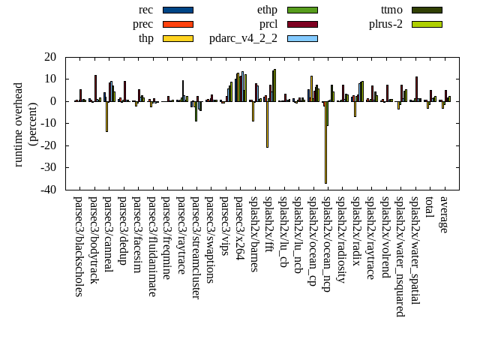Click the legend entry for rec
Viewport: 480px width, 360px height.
coord(146,10)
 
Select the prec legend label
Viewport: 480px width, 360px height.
coord(142,24)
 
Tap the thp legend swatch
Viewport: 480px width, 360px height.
coord(178,38)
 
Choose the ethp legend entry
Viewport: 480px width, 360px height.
coord(267,10)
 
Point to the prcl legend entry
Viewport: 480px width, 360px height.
coord(268,24)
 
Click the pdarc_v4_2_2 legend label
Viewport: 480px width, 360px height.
coord(243,38)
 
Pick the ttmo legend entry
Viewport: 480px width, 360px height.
coord(391,10)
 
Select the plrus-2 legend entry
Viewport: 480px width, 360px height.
coord(385,24)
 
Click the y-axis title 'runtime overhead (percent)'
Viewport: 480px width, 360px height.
coord(25,123)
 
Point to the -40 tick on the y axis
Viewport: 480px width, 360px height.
coord(50,190)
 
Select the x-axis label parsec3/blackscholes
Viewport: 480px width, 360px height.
coord(78,246)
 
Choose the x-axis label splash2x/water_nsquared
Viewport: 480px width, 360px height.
coord(400,256)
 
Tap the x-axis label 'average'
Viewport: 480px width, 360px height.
coord(444,214)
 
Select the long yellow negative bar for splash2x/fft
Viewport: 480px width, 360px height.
coord(267,124)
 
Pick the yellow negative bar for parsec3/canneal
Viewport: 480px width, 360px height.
coord(106,116)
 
